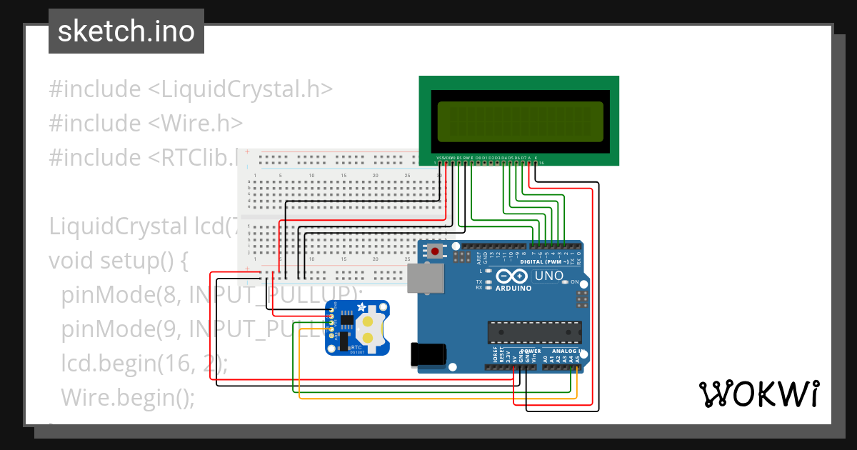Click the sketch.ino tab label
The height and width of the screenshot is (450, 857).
click(126, 31)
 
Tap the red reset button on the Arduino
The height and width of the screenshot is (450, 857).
click(434, 251)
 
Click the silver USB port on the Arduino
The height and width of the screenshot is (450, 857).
click(425, 278)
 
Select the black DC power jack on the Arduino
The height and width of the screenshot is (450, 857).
click(428, 355)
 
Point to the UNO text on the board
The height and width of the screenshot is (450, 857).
click(549, 275)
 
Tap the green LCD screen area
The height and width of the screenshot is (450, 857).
click(519, 120)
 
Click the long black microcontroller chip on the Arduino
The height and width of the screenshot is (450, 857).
click(534, 331)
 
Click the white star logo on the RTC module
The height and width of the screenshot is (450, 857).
click(361, 307)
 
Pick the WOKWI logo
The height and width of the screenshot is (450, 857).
click(758, 394)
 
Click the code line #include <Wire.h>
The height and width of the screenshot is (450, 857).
click(146, 123)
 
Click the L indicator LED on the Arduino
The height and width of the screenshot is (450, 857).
click(488, 271)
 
